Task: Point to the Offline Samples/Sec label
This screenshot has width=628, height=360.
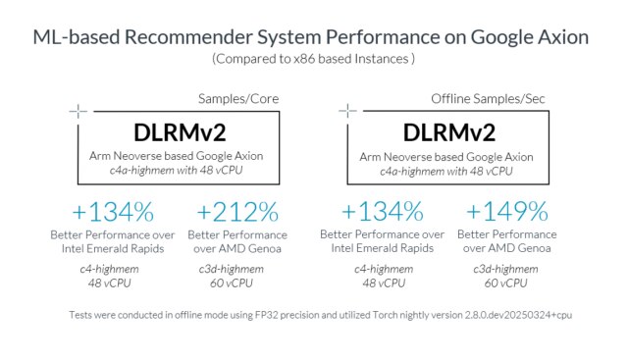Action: pyautogui.click(x=482, y=99)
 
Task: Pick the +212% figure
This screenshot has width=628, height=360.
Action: pyautogui.click(x=237, y=212)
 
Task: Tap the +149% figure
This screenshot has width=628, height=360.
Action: pyautogui.click(x=506, y=212)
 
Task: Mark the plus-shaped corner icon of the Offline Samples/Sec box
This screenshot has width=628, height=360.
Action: pyautogui.click(x=345, y=111)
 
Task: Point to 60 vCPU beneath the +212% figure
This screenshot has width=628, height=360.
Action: pyautogui.click(x=237, y=283)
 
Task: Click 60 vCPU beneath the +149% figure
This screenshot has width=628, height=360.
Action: pyautogui.click(x=506, y=283)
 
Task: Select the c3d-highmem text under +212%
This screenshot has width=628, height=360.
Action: pyautogui.click(x=237, y=268)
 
